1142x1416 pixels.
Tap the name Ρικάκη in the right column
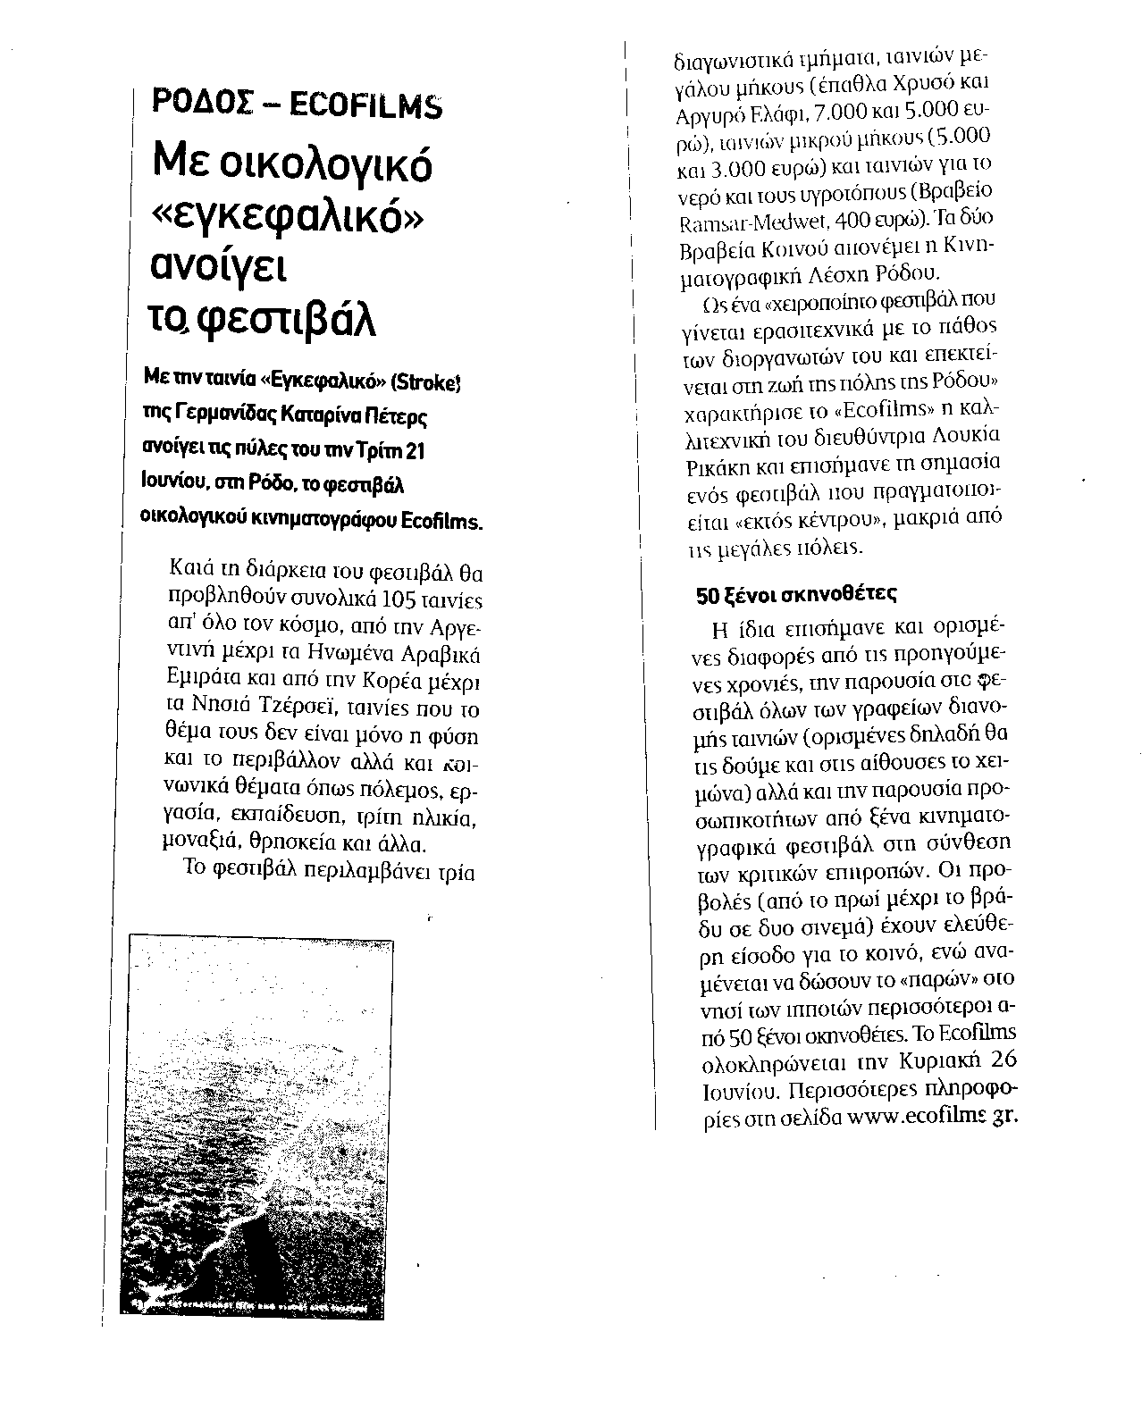click(708, 465)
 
